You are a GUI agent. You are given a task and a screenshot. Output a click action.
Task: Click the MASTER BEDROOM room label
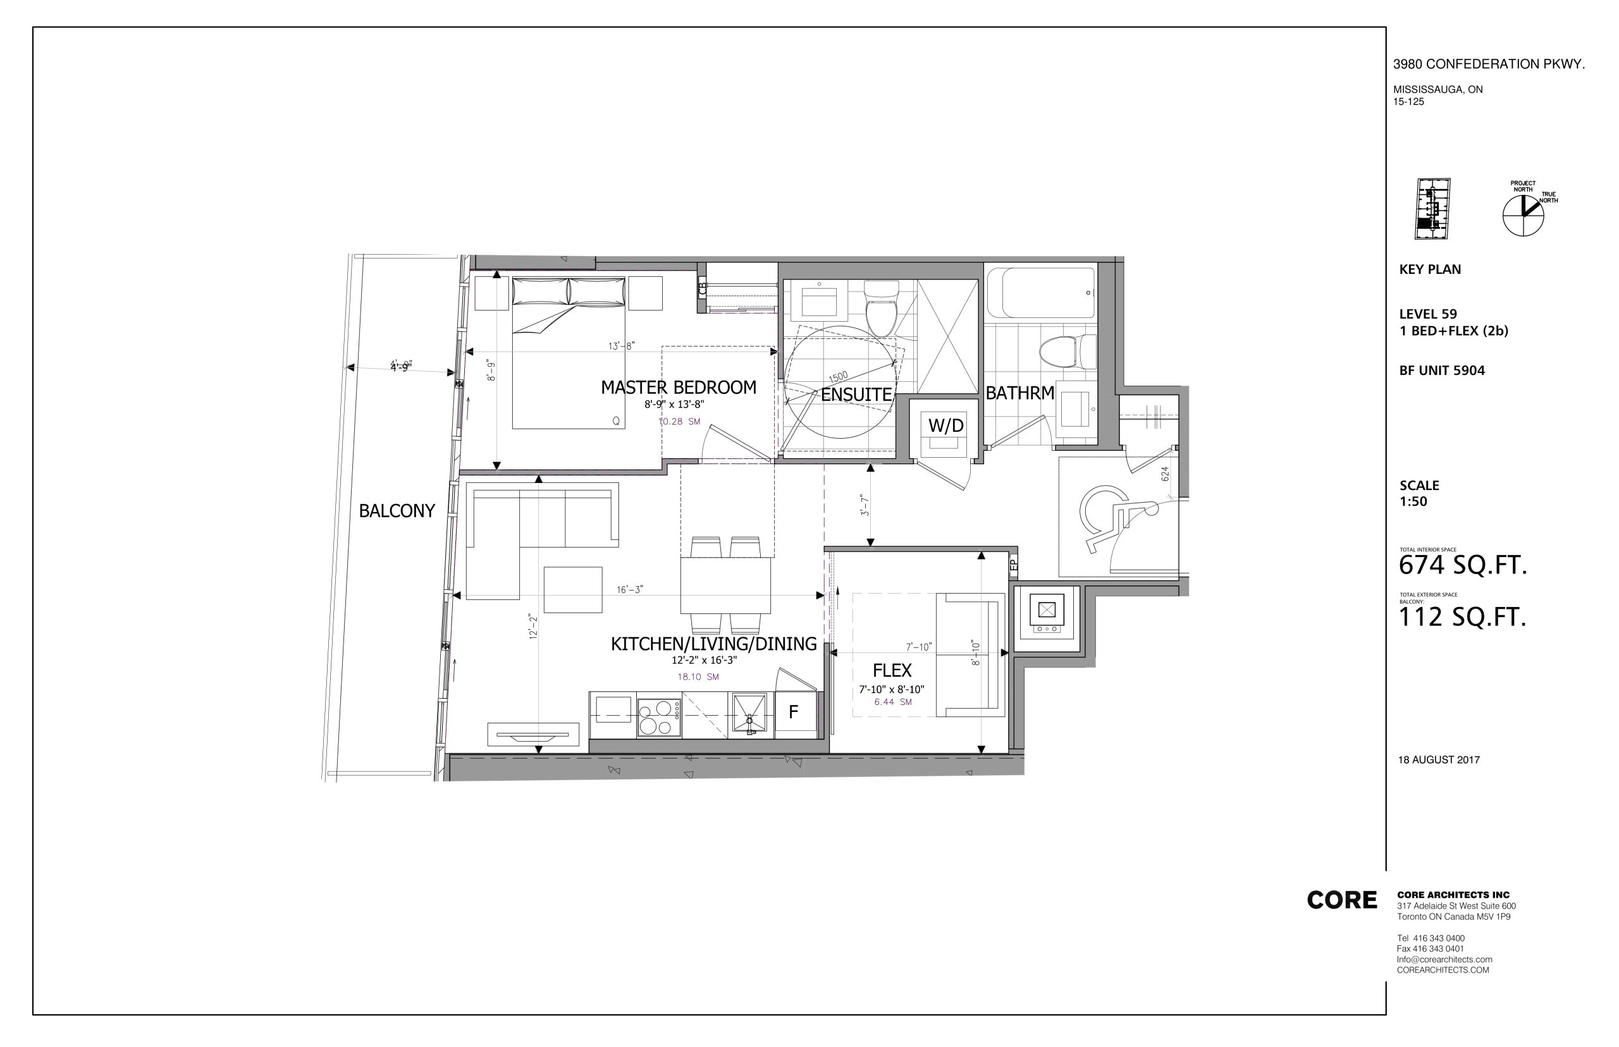(678, 388)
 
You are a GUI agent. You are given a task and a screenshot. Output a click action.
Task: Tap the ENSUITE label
(856, 395)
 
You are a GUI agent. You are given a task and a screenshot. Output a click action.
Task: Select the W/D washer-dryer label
(946, 426)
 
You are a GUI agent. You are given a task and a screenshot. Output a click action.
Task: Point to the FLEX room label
(892, 670)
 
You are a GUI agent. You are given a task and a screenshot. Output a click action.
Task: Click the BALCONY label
(397, 511)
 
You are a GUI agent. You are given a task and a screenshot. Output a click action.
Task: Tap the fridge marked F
(795, 712)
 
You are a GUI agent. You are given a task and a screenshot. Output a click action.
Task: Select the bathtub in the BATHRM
(1040, 293)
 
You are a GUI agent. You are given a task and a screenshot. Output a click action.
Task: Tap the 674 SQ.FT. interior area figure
(1463, 565)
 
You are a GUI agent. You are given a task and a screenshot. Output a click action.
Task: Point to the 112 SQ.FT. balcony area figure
(1462, 616)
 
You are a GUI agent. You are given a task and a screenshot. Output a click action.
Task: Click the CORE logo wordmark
(1341, 900)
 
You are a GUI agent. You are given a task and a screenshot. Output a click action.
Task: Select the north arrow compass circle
(1524, 216)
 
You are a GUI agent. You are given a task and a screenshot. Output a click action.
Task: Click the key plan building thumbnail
(1432, 209)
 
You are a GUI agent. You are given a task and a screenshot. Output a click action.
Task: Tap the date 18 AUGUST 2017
(1439, 759)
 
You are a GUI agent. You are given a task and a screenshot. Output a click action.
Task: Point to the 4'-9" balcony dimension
(401, 367)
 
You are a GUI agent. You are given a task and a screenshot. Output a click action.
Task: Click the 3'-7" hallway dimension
(865, 505)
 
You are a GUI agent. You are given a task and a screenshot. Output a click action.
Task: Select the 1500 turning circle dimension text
(839, 376)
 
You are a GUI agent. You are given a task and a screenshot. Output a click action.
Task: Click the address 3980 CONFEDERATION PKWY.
(1489, 64)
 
